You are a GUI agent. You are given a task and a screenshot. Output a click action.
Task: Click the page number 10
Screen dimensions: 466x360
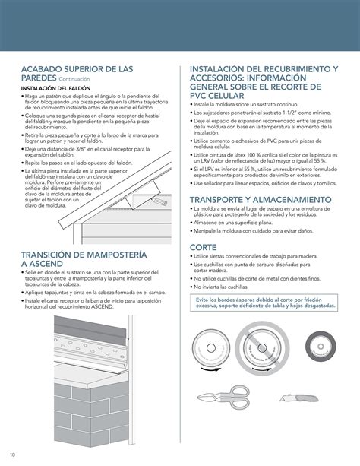tap(13, 455)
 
